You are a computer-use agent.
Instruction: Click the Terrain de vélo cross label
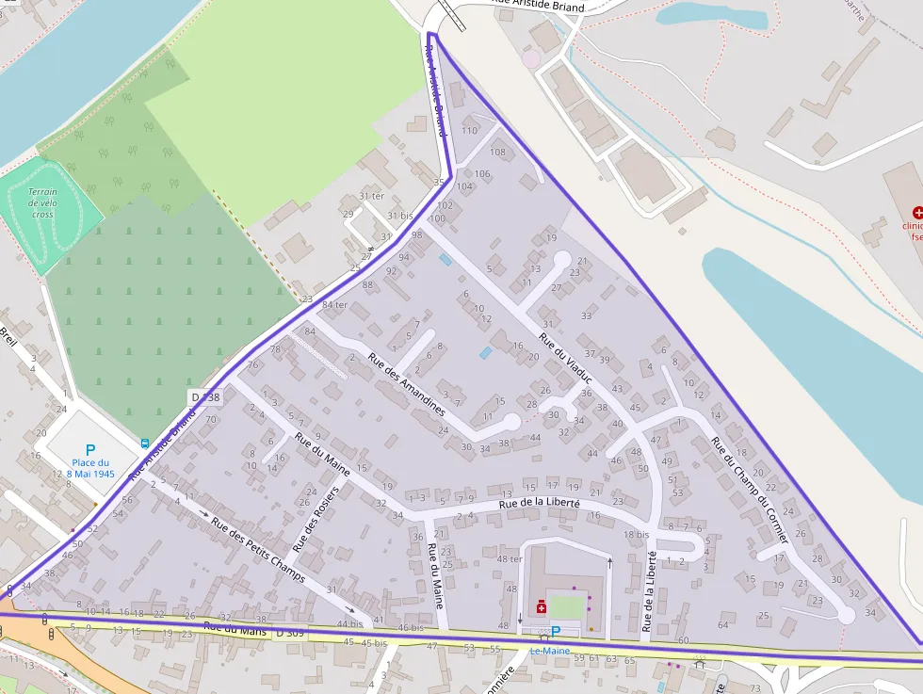[42, 202]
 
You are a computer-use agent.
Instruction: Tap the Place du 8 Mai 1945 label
[90, 468]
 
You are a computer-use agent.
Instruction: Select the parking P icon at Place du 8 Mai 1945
[90, 450]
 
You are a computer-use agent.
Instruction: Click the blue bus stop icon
[145, 443]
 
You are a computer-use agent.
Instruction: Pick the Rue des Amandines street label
[407, 384]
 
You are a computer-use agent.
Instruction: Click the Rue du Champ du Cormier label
[750, 490]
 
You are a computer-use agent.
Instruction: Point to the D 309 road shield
[291, 633]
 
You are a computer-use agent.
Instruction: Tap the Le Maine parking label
[549, 650]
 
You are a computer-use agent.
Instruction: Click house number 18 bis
[637, 535]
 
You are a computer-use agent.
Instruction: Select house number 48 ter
[510, 558]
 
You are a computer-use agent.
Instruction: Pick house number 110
[470, 130]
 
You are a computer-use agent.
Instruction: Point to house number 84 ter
[334, 304]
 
